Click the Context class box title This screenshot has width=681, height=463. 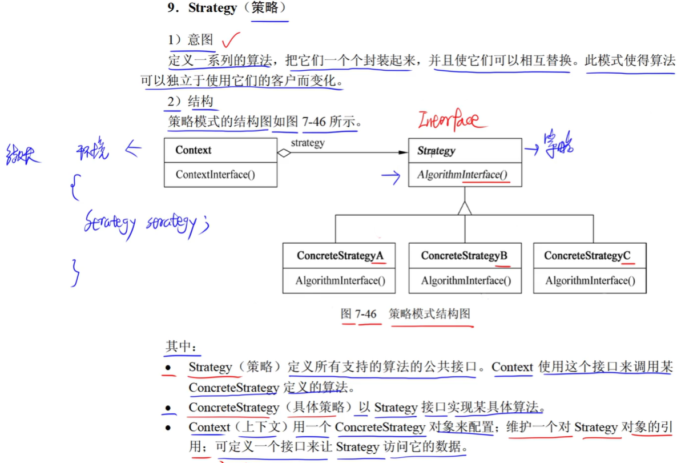193,150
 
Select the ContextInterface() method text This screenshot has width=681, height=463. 215,174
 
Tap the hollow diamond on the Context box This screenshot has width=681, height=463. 284,152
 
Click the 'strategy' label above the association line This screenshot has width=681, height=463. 307,143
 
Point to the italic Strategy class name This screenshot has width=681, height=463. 436,151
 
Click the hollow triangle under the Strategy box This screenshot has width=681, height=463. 465,208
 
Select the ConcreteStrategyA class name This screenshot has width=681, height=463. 340,256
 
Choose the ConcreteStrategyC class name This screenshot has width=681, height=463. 587,256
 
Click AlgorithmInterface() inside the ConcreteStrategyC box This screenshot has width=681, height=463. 590,281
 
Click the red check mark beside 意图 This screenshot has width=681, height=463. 231,40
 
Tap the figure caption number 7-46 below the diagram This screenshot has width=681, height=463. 366,314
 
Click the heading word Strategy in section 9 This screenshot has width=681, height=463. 212,8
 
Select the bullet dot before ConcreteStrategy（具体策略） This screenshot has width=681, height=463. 168,408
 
